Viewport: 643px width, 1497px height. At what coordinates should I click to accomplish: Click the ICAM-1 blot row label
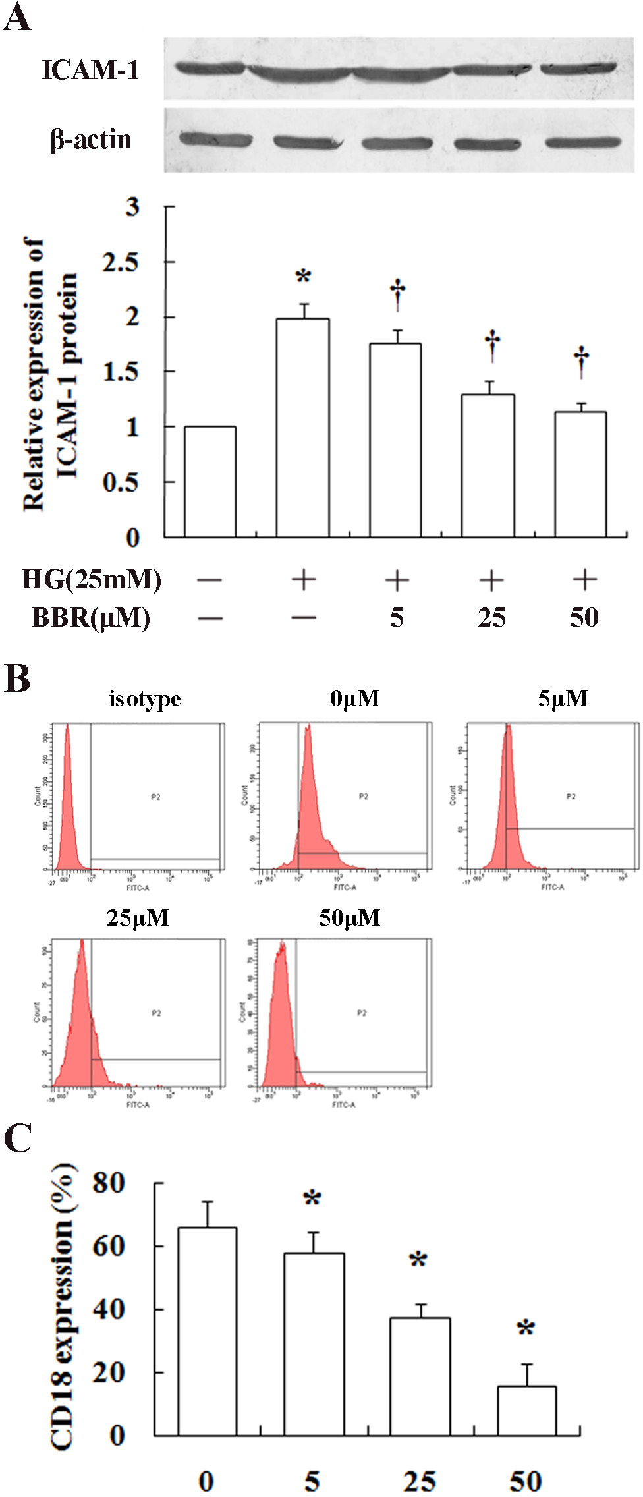click(x=90, y=70)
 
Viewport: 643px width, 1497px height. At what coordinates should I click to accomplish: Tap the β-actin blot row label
click(x=91, y=140)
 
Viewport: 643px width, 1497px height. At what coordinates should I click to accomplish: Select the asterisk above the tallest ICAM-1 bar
click(x=303, y=276)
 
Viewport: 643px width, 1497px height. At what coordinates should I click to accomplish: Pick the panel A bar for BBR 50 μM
click(x=580, y=474)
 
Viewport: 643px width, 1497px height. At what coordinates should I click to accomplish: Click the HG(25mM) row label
click(x=92, y=580)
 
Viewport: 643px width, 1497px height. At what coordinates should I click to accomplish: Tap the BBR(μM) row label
click(x=91, y=618)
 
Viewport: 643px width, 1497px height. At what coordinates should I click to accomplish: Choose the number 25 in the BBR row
click(x=491, y=618)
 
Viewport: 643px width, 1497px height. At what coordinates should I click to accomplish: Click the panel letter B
click(x=17, y=679)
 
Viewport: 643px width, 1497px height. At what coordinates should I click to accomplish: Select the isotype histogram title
click(x=144, y=698)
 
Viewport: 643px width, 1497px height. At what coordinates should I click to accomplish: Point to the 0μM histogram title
click(x=354, y=698)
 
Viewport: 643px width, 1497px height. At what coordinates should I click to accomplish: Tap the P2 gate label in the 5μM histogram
click(x=571, y=797)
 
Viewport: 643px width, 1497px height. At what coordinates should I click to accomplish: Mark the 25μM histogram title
click(x=137, y=918)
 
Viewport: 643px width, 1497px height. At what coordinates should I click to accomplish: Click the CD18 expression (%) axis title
click(x=63, y=1308)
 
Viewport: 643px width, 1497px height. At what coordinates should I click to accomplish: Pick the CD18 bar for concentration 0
click(x=208, y=1331)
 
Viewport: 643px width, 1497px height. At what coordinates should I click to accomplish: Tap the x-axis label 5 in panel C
click(x=312, y=1481)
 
